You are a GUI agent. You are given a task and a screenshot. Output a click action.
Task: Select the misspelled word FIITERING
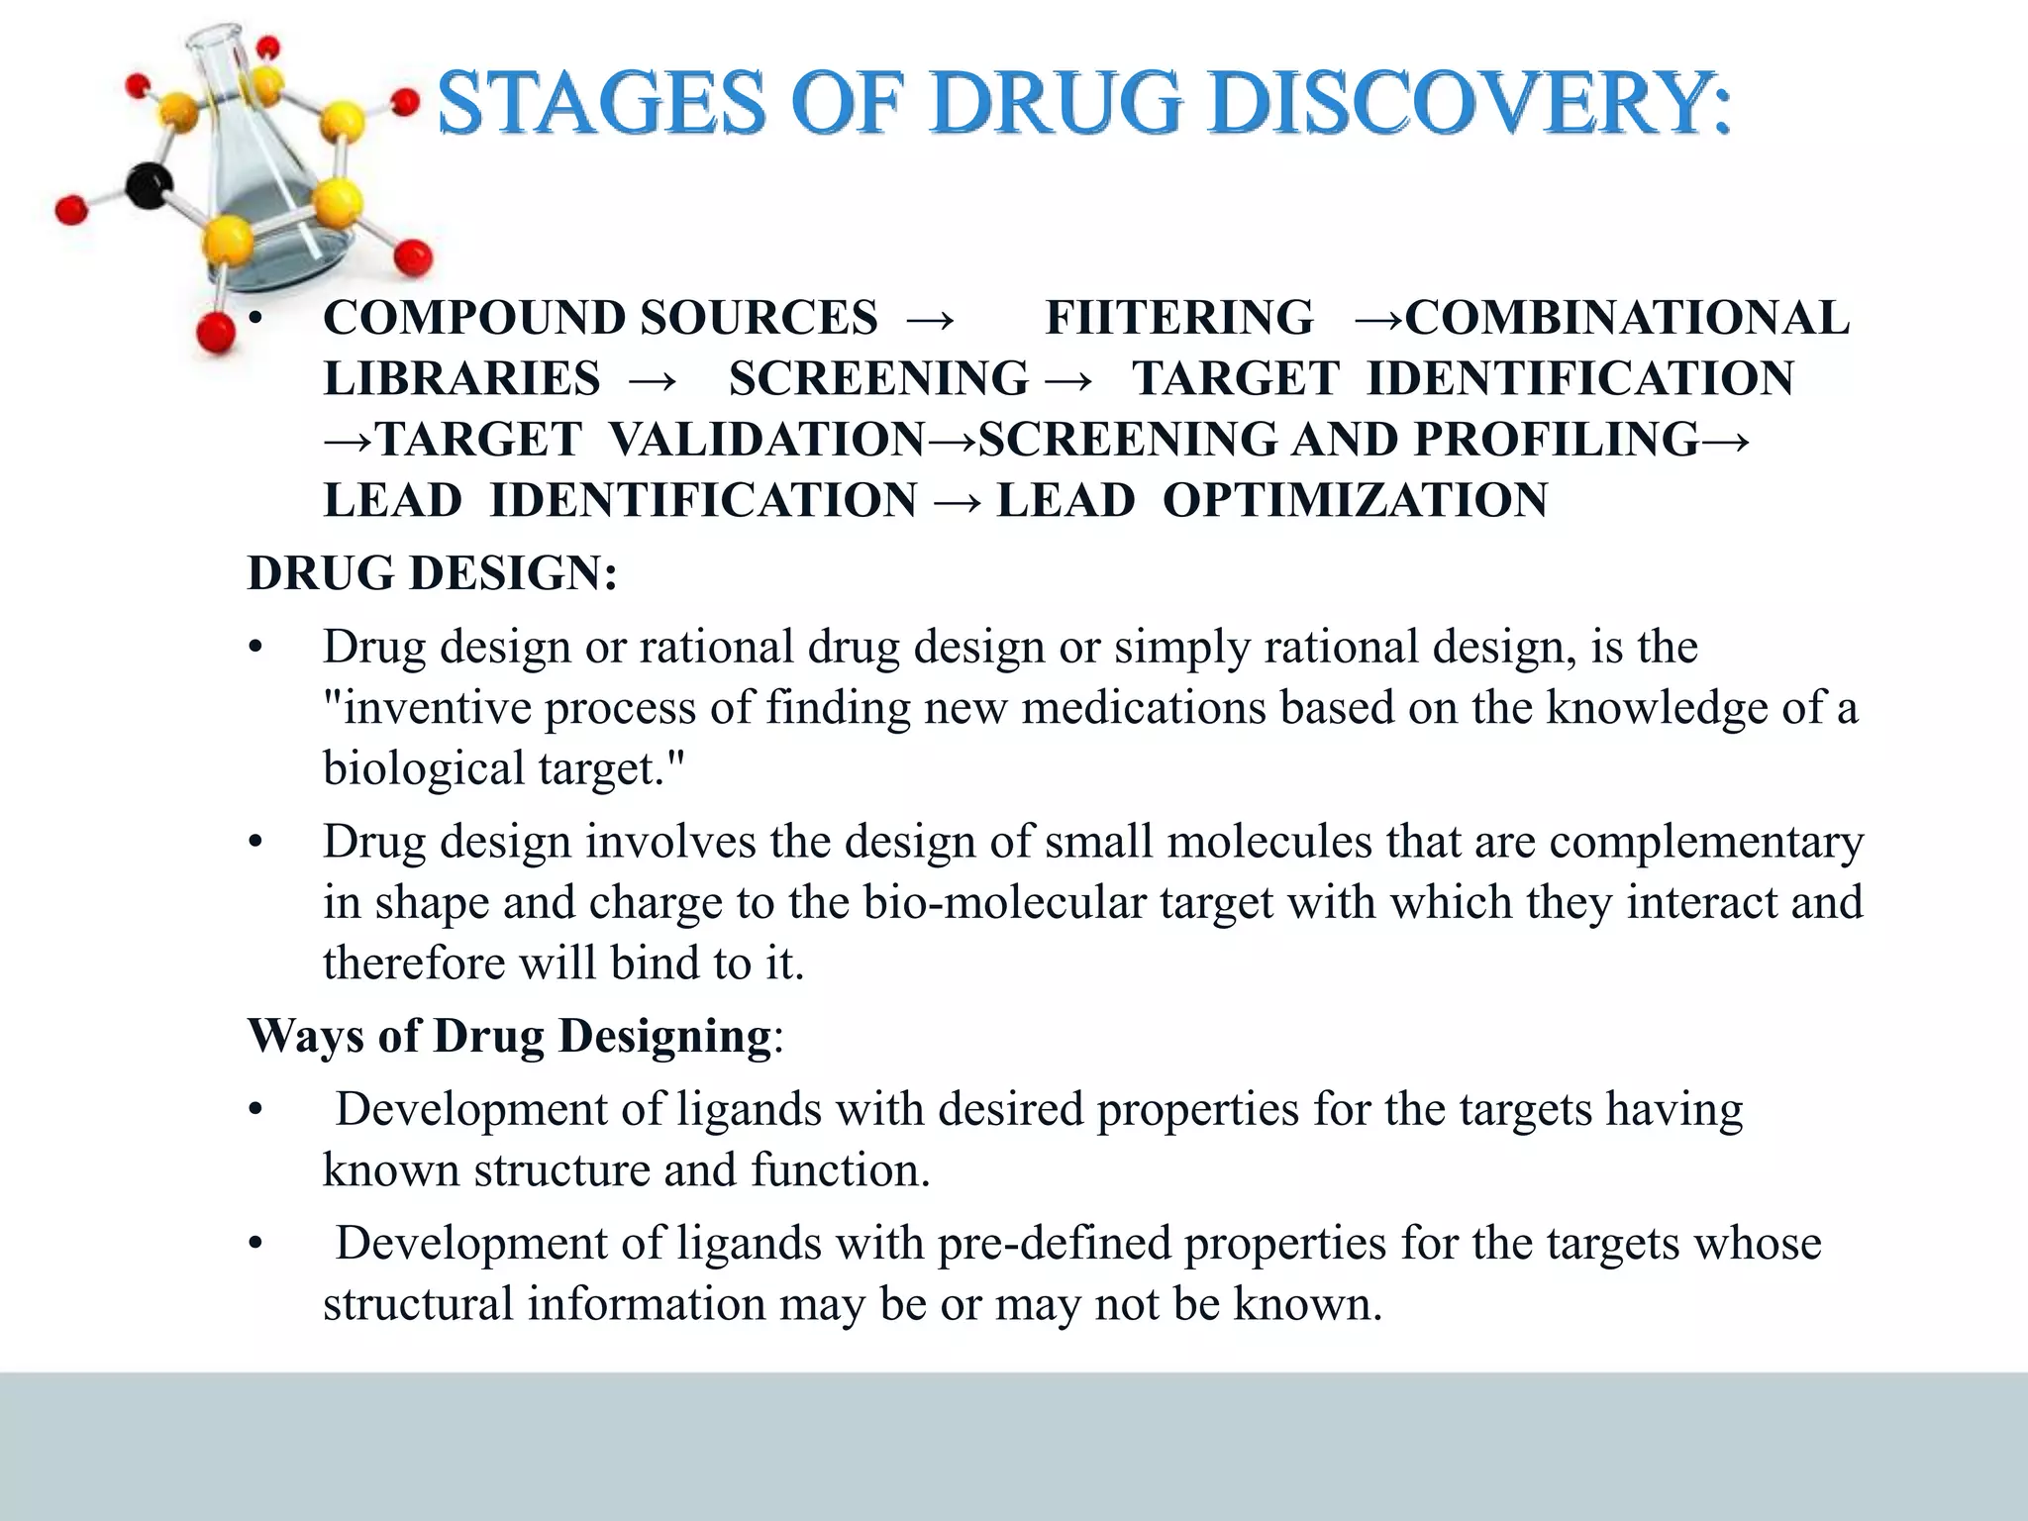tap(1179, 318)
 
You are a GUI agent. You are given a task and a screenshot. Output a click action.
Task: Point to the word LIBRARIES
tap(461, 378)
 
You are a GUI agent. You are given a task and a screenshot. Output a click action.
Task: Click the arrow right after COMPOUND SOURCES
tap(930, 319)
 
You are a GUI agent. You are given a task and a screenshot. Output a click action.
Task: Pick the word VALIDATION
tap(766, 439)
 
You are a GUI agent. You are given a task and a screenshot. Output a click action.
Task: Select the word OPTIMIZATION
tap(1355, 500)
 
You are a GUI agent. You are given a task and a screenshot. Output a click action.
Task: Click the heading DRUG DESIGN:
tap(432, 573)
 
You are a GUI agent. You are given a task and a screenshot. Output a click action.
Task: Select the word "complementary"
tap(1706, 842)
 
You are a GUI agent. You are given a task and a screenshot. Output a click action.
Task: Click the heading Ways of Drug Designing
tap(510, 1037)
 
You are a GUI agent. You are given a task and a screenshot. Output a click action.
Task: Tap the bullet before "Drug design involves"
tap(256, 843)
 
